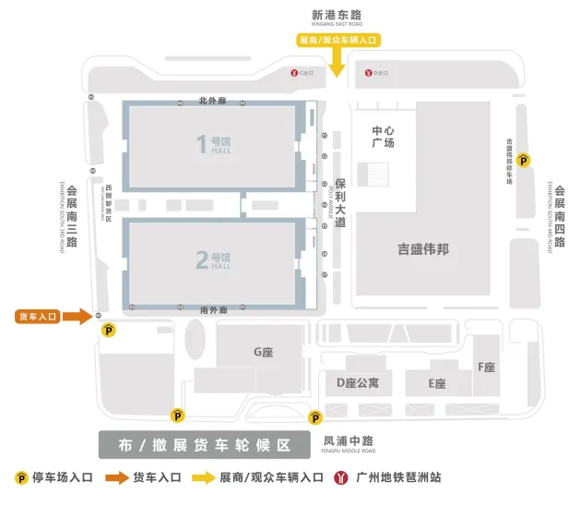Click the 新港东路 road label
point(337,15)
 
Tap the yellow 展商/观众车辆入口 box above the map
point(338,40)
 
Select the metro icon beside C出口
point(293,72)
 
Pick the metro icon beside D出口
point(368,72)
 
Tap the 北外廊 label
point(212,101)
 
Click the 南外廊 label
point(213,310)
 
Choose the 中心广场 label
point(383,137)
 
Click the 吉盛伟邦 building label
point(423,249)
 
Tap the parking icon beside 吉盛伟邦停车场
point(524,161)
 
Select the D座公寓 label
point(357,382)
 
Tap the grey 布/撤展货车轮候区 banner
point(204,445)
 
